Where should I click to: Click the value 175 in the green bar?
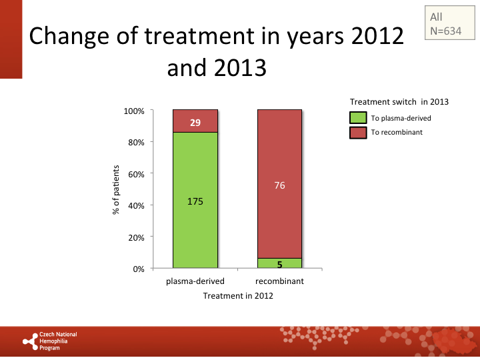195,201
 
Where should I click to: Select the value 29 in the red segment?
195,123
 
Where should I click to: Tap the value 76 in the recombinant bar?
279,185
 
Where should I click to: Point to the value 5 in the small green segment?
279,264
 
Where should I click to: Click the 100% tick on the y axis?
134,111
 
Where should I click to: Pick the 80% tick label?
135,142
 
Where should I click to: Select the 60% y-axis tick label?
135,174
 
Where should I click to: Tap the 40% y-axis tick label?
135,205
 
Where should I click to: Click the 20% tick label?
135,237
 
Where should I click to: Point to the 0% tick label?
137,269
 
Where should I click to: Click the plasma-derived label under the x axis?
195,281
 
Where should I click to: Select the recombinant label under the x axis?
279,281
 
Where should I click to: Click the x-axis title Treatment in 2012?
238,296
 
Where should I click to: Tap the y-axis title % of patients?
116,190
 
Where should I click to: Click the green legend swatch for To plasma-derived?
358,118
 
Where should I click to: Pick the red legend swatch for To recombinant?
358,132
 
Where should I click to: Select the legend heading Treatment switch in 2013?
399,102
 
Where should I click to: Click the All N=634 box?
446,24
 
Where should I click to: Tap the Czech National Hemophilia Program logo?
50,341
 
